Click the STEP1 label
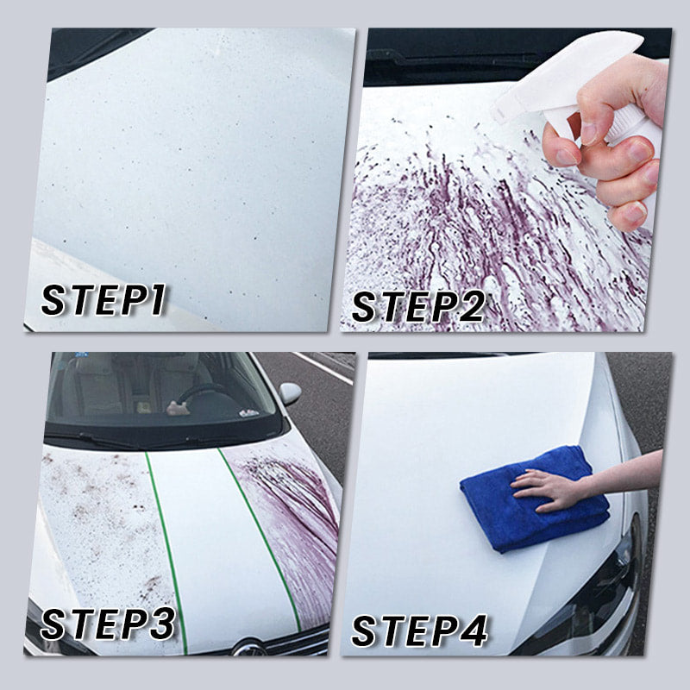click(x=103, y=299)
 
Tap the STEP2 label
click(x=418, y=307)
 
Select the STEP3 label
click(x=108, y=624)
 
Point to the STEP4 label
click(x=419, y=630)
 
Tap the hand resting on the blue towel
click(x=550, y=489)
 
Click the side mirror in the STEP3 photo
click(x=290, y=393)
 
